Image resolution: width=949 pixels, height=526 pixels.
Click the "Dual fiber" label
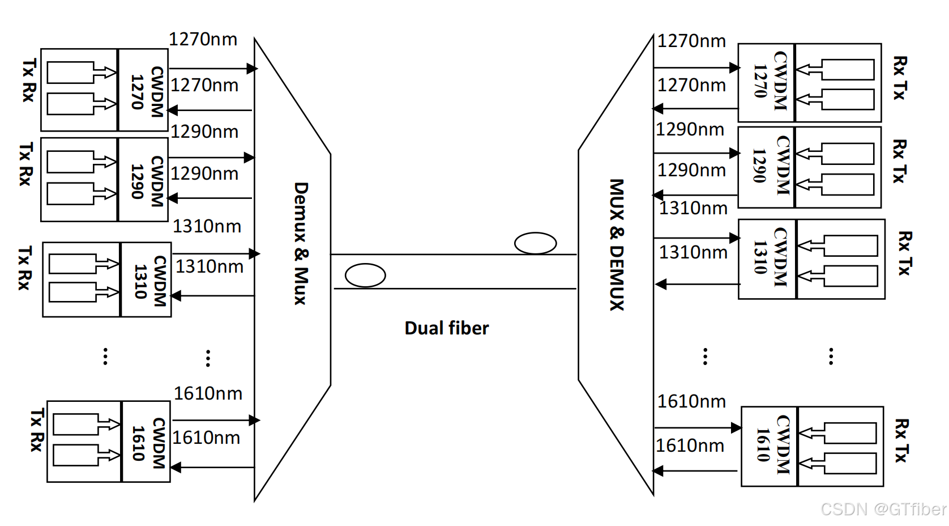446,328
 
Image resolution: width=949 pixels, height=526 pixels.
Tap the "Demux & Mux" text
301,243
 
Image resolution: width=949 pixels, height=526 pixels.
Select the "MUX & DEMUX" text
617,245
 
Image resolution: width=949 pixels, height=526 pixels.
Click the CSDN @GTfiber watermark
883,509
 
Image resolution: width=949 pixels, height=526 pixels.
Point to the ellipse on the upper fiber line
535,243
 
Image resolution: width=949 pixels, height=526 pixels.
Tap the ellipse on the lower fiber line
365,275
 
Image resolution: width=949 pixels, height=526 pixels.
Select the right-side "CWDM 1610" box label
773,445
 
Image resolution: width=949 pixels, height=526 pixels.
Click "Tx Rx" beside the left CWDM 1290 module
25,164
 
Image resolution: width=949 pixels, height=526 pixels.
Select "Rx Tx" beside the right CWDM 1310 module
904,253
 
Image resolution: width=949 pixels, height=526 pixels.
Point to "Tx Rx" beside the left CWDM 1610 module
37,430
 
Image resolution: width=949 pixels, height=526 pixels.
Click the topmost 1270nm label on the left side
203,39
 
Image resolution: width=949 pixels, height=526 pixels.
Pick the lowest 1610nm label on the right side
690,446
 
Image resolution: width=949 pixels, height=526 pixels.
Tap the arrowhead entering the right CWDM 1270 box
734,68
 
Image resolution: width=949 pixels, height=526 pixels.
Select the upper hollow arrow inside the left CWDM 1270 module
105,72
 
